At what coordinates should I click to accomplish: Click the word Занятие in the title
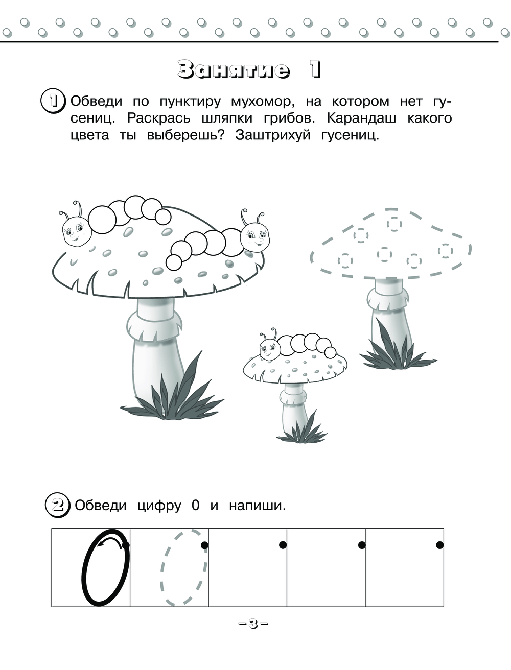(x=234, y=70)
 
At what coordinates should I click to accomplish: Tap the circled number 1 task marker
(x=53, y=102)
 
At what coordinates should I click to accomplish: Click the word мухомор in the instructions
(x=263, y=102)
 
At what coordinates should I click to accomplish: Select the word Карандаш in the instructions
(x=361, y=118)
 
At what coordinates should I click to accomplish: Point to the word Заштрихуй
(x=273, y=135)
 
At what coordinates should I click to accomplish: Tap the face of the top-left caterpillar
(x=77, y=231)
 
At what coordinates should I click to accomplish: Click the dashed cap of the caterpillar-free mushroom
(x=390, y=244)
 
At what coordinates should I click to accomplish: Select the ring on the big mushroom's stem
(x=154, y=326)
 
